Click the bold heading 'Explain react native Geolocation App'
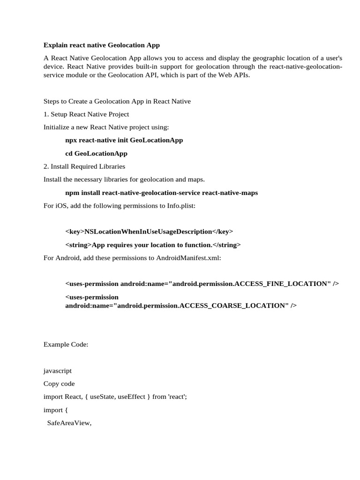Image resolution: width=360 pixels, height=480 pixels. click(102, 45)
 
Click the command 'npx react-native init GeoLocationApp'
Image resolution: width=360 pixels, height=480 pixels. click(124, 140)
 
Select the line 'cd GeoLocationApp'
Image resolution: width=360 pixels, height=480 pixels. click(96, 153)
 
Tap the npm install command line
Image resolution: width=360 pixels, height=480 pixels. click(161, 193)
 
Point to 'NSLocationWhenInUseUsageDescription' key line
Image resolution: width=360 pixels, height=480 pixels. click(149, 232)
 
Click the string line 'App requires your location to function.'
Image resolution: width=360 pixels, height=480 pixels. click(153, 245)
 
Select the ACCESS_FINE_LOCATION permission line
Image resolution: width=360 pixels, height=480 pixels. click(202, 284)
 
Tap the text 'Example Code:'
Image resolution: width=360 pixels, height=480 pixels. click(66, 344)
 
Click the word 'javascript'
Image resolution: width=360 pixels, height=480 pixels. click(58, 370)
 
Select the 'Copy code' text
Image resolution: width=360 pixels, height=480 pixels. click(59, 383)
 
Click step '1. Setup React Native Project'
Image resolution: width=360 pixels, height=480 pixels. click(86, 114)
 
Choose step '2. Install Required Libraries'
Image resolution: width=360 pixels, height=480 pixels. click(84, 166)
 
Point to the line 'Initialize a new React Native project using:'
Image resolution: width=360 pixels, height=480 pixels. click(106, 127)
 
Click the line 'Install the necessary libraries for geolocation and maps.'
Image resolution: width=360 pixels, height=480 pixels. click(124, 180)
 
